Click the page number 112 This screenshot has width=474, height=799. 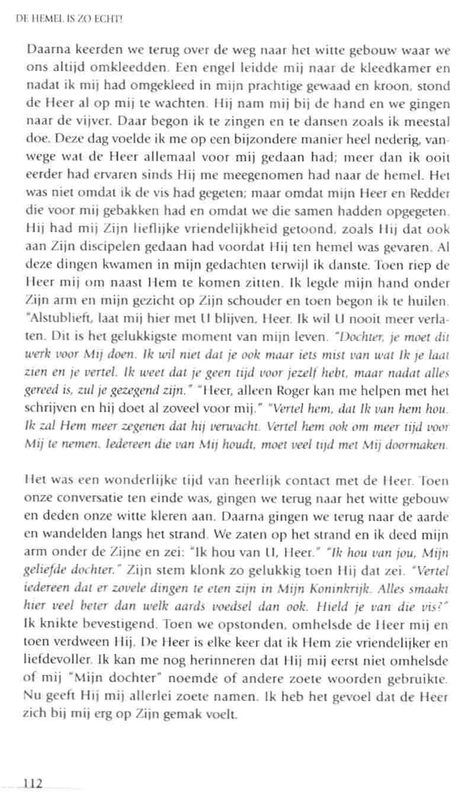(32, 784)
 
